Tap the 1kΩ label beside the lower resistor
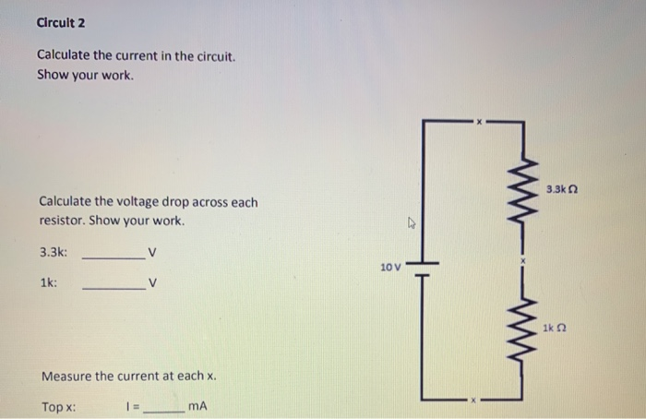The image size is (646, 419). (554, 327)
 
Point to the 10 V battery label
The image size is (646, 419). (390, 267)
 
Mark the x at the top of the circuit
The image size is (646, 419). (478, 121)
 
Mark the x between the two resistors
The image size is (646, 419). (522, 261)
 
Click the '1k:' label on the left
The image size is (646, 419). (49, 283)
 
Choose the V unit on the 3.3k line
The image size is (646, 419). (152, 252)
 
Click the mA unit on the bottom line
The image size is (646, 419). (197, 406)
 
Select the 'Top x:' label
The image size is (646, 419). (59, 406)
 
